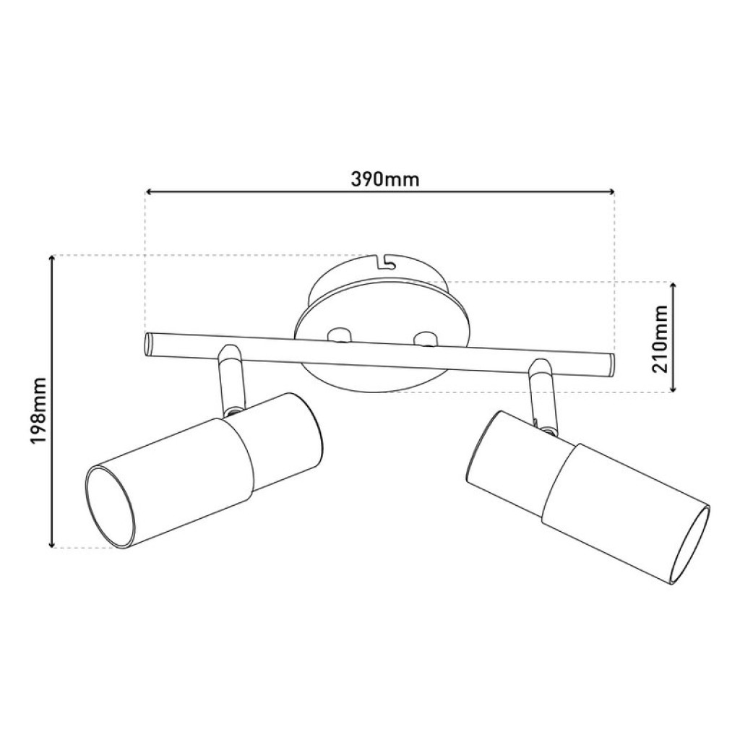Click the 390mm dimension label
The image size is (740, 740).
384,178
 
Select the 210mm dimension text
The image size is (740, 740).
658,337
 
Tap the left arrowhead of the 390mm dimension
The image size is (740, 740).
150,192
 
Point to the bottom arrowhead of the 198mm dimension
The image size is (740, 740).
52,543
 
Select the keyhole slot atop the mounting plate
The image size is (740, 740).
385,259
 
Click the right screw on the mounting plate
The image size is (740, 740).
425,337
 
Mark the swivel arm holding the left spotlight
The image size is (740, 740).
231,379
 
